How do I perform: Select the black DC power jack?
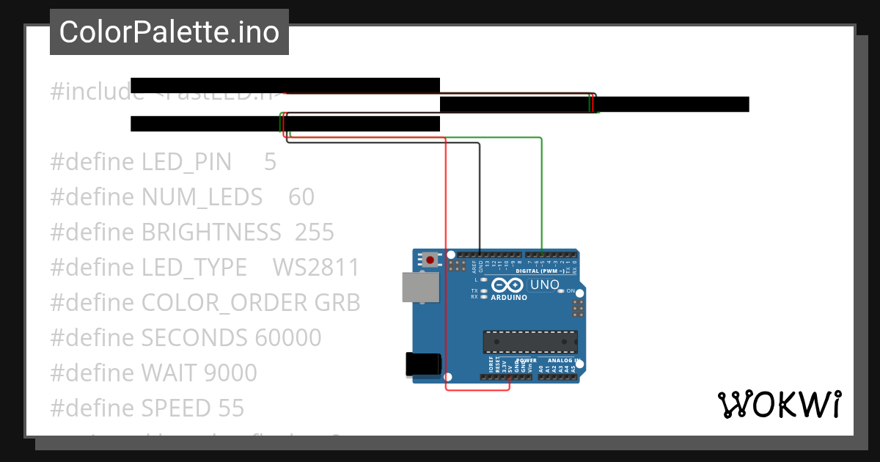pyautogui.click(x=423, y=365)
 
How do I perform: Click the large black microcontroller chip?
pyautogui.click(x=529, y=342)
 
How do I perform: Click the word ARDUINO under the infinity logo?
pyautogui.click(x=508, y=297)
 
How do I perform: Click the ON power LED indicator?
pyautogui.click(x=561, y=291)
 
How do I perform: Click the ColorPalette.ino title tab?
pyautogui.click(x=169, y=32)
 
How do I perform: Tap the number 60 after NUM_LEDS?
pyautogui.click(x=301, y=197)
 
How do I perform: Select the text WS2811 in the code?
pyautogui.click(x=316, y=268)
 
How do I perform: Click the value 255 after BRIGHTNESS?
pyautogui.click(x=315, y=232)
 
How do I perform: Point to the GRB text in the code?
pyautogui.click(x=337, y=303)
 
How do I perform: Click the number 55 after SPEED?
pyautogui.click(x=231, y=408)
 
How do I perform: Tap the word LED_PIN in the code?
pyautogui.click(x=186, y=161)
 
